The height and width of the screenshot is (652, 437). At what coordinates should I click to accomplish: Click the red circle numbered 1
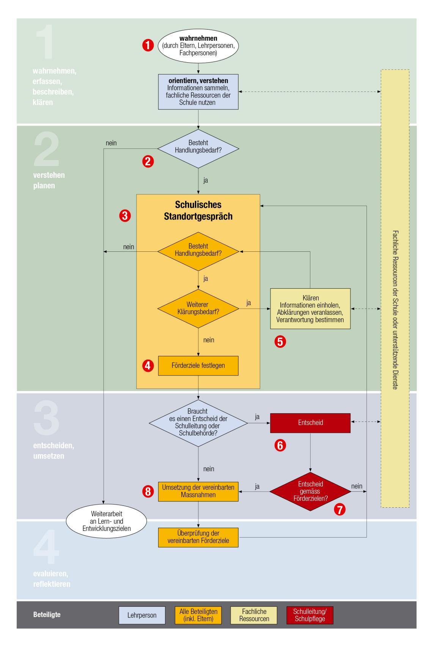tap(148, 46)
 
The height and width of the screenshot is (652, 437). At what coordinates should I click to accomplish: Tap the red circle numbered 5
tap(280, 342)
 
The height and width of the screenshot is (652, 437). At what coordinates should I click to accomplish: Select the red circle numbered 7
tap(340, 510)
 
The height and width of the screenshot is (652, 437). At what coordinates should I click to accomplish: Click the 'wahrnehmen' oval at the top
tap(198, 46)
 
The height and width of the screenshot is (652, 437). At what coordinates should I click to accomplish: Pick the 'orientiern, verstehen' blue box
tap(198, 92)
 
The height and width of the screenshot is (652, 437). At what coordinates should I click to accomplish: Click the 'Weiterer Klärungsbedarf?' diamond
tap(198, 309)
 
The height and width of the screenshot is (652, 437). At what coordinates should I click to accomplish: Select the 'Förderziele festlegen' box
tap(198, 366)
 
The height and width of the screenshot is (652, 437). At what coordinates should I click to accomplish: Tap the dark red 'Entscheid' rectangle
tap(310, 423)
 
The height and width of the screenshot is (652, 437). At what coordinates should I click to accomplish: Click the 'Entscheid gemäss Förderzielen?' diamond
tap(310, 492)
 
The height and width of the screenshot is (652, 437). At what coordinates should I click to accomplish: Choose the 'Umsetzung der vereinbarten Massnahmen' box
tap(198, 491)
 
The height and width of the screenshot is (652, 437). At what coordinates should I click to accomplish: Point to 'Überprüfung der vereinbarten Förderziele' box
tap(198, 537)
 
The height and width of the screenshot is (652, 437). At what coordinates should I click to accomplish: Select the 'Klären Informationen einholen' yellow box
tap(310, 309)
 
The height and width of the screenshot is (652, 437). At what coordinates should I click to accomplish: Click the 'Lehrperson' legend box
tap(142, 616)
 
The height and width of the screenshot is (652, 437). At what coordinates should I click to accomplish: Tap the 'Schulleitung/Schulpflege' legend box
tap(310, 616)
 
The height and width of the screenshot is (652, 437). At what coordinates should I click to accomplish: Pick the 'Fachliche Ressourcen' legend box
tap(254, 616)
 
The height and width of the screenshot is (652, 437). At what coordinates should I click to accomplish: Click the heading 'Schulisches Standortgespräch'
tap(198, 211)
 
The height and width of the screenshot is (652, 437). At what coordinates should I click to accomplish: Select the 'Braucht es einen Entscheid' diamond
tap(198, 423)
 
